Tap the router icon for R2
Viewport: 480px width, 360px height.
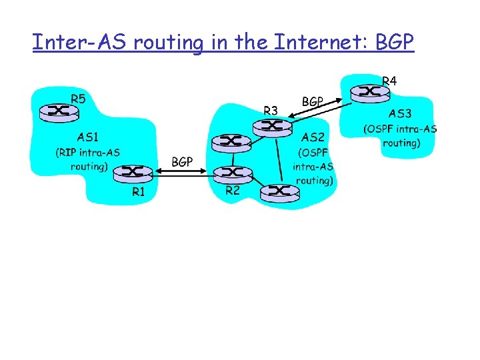(233, 175)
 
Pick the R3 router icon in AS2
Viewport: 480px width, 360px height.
(271, 125)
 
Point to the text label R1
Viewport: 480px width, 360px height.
(138, 193)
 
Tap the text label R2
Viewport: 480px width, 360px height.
(233, 191)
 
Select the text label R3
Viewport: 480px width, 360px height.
(271, 110)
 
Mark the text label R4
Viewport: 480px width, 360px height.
(389, 81)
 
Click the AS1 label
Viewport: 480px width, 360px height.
(89, 138)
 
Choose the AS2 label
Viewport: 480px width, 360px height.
(313, 138)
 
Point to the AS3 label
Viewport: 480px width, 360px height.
(400, 113)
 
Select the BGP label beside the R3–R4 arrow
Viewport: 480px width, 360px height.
(313, 102)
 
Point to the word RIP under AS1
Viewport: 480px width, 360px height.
(67, 153)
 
